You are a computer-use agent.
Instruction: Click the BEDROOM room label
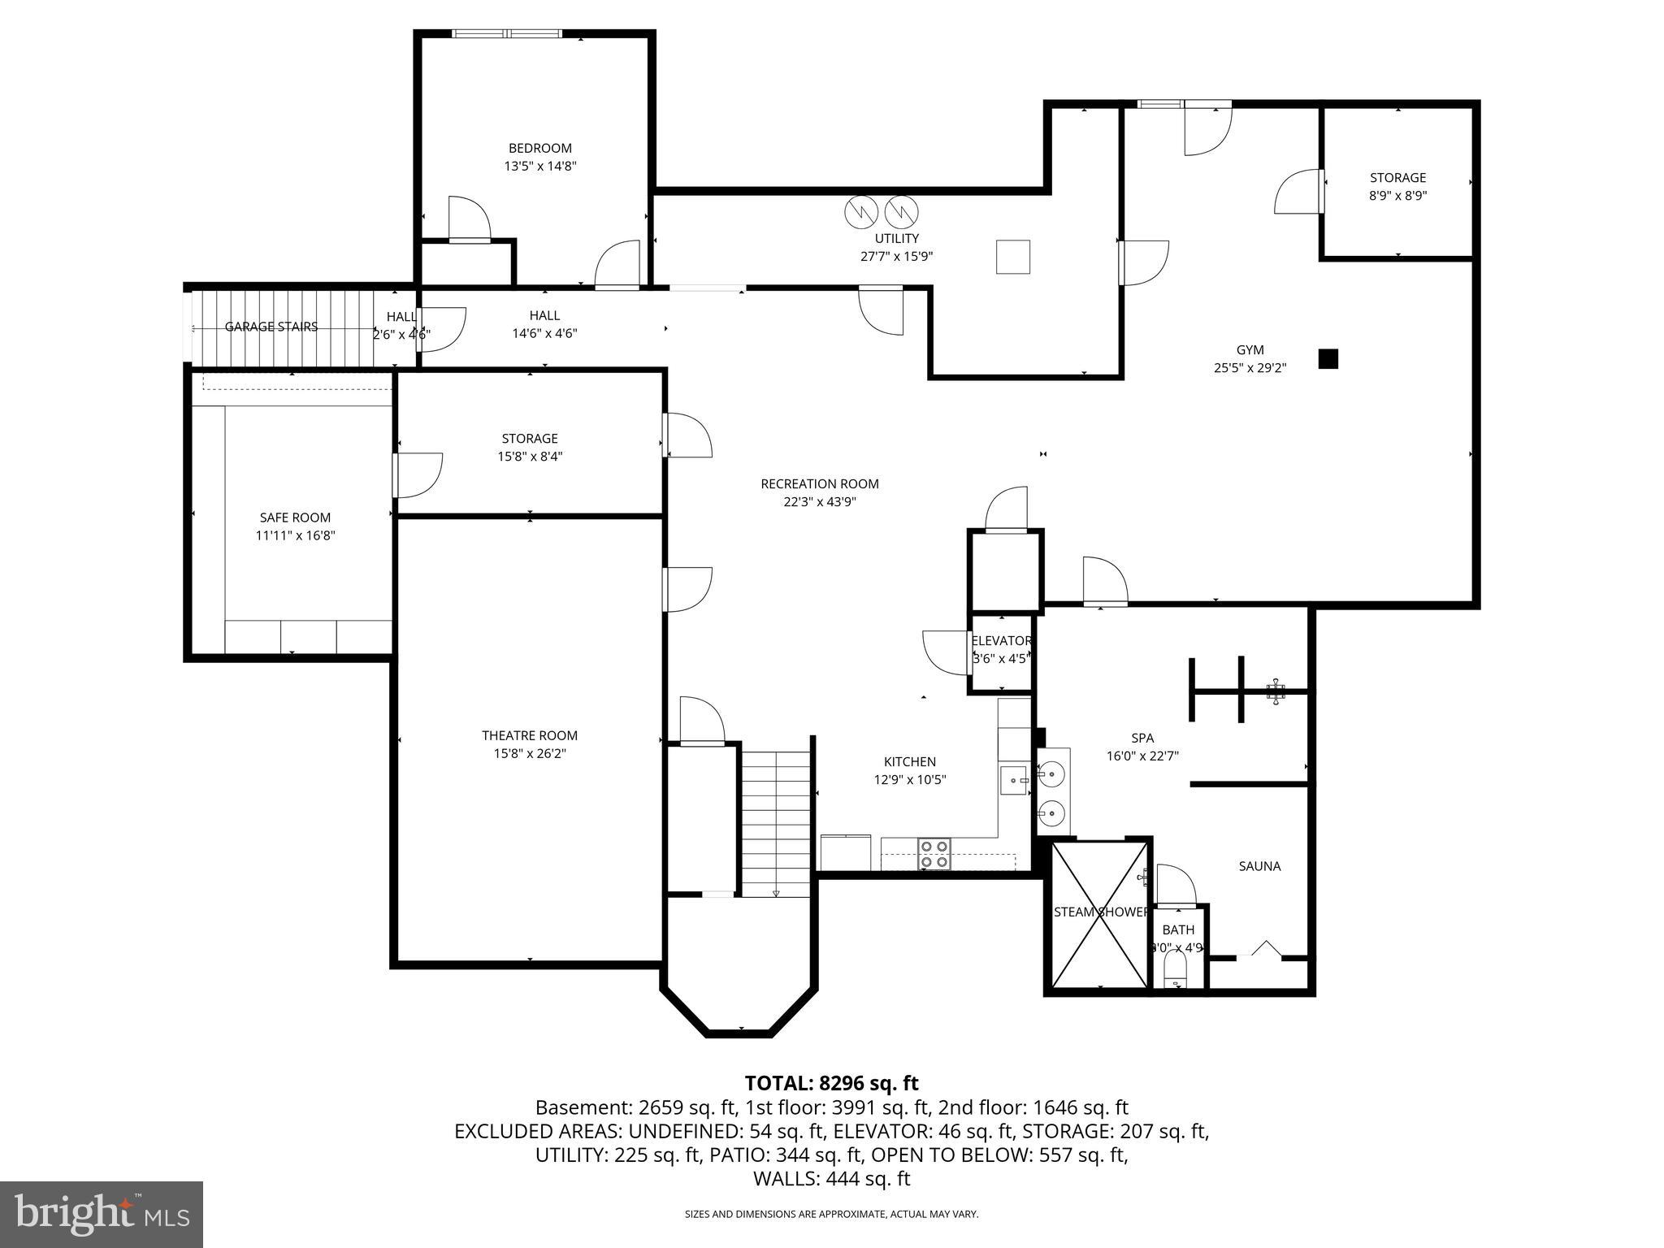tap(539, 148)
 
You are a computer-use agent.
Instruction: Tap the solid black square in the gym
tap(1328, 358)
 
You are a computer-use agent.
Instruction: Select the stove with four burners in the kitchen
tap(934, 854)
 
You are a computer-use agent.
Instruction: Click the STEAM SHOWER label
tap(1100, 912)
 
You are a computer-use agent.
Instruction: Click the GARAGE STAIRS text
tap(271, 327)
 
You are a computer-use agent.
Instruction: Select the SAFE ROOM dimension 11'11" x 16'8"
tap(295, 535)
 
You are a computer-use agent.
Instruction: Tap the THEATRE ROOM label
tap(529, 735)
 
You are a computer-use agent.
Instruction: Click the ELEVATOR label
tap(1001, 640)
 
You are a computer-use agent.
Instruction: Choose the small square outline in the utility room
tap(1013, 257)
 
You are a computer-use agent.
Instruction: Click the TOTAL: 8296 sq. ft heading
tap(831, 1083)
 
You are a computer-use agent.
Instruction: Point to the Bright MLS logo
tap(102, 1214)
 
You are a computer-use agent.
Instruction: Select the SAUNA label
tap(1259, 866)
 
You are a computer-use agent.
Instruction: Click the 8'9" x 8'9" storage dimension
tap(1397, 195)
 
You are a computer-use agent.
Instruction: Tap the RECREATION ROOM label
tap(819, 483)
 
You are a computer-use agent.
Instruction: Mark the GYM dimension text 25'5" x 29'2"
tap(1250, 367)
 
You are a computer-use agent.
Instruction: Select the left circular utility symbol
tap(861, 212)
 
